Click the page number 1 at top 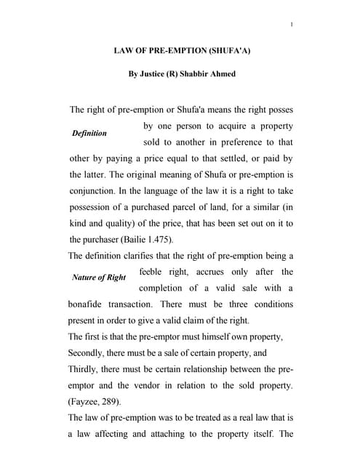291,26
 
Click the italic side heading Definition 89,134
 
